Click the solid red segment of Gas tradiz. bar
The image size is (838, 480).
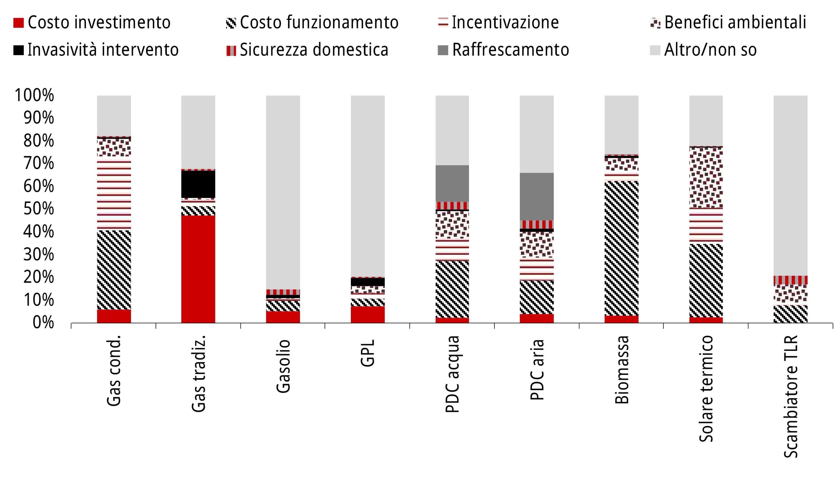pyautogui.click(x=198, y=269)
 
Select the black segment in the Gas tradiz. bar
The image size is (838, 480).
pyautogui.click(x=198, y=184)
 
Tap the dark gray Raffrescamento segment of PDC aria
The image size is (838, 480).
pyautogui.click(x=537, y=197)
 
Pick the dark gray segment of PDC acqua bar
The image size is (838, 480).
pyautogui.click(x=452, y=183)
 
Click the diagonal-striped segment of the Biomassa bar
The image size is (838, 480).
pyautogui.click(x=621, y=248)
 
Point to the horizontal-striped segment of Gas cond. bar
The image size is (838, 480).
pyautogui.click(x=114, y=195)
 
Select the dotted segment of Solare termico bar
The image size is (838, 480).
pyautogui.click(x=706, y=177)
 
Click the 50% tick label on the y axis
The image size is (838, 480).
pyautogui.click(x=39, y=209)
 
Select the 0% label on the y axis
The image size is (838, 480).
pyautogui.click(x=43, y=323)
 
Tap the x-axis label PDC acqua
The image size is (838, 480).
pyautogui.click(x=452, y=374)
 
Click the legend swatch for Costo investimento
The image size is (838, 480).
pyautogui.click(x=18, y=23)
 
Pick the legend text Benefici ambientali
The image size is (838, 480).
pyautogui.click(x=735, y=22)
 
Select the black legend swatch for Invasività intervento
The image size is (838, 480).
pyautogui.click(x=18, y=50)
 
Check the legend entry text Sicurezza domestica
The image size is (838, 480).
pyautogui.click(x=314, y=50)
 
